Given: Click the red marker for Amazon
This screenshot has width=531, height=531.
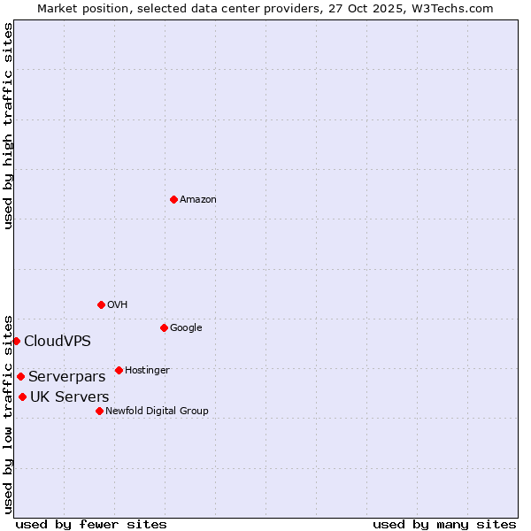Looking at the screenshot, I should coord(173,199).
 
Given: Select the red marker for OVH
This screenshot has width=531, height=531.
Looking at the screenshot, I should coord(101,304).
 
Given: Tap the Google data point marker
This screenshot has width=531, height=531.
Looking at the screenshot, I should coord(164,327).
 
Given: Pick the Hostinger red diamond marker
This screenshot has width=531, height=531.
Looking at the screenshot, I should coord(119,370).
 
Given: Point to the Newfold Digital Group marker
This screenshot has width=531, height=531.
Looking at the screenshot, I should coord(99,411).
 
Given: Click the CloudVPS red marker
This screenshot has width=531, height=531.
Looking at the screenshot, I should coord(16,341).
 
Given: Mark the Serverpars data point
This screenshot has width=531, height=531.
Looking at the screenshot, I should coord(20,376).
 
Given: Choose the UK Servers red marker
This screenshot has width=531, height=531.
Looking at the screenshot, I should coord(22,396).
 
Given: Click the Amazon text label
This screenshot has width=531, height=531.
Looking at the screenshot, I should coord(198,200).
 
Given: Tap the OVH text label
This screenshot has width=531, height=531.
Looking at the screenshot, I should coord(118,305).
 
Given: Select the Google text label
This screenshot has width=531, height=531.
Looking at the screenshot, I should coord(186,328).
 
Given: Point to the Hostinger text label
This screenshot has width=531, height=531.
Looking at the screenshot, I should coord(147,371).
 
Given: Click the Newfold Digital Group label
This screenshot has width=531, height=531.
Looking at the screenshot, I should coord(157,412).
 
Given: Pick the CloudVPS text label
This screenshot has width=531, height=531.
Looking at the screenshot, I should coord(58,342).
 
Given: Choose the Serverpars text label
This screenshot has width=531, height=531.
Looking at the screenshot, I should coord(66,377).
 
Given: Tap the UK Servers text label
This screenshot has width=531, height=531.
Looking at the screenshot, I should coord(70,397).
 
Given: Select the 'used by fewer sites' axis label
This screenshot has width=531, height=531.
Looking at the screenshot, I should coord(91,524).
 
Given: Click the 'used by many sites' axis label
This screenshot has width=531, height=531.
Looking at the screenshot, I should coord(444,524).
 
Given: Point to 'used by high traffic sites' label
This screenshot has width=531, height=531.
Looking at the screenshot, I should coord(8,126).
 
